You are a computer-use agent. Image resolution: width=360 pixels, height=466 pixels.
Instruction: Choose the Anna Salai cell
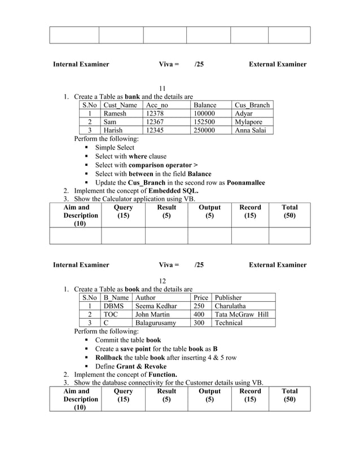[x=252, y=130]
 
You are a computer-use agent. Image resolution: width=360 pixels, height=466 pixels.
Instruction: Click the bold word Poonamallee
[x=245, y=183]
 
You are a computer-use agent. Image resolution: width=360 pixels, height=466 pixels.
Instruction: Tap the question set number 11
[x=163, y=88]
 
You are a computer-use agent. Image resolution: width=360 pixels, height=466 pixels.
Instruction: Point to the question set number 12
[x=163, y=280]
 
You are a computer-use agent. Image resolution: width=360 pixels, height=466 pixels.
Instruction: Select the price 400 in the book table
[x=199, y=314]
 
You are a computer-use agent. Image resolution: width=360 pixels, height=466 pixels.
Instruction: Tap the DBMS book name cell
[x=113, y=306]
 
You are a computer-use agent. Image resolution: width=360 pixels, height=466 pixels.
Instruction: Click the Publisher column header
[x=228, y=297]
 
